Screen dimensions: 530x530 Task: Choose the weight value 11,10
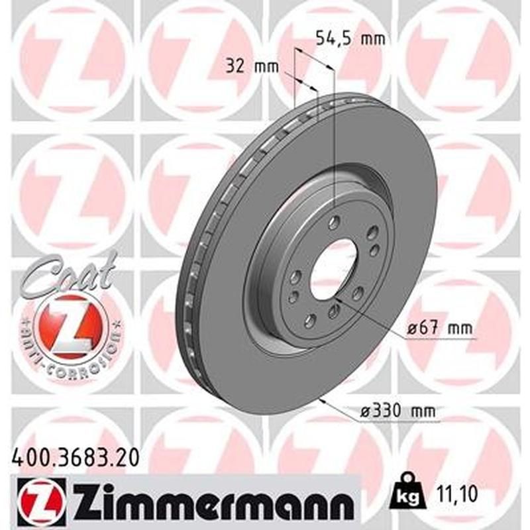coord(456,492)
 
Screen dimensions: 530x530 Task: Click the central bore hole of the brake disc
coord(333,269)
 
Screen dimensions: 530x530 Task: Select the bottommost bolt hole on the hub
coord(309,322)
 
